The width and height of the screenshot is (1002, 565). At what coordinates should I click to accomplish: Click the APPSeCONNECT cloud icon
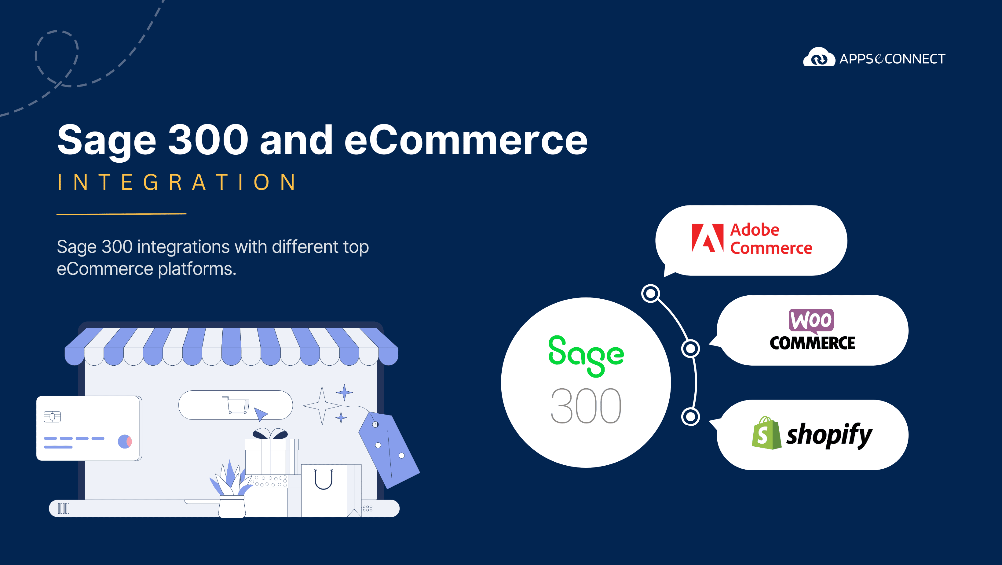coord(819,57)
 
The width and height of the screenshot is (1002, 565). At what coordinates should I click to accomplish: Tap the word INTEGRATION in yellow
coord(177,182)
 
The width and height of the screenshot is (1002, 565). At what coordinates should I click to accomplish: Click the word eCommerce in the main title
coord(466,140)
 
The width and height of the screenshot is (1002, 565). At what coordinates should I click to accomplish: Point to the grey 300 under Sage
coord(586,406)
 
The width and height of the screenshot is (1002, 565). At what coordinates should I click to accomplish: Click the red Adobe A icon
coord(708,238)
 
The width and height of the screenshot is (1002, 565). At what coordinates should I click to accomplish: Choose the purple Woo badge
coord(811,321)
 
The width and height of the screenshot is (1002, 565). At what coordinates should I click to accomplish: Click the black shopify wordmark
coord(829,435)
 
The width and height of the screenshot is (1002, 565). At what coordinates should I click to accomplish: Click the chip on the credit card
coord(52,417)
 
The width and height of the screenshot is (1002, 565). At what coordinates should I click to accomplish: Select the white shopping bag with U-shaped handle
coord(324,490)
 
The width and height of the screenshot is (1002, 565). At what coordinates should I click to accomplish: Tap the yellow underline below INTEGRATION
coord(121,214)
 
